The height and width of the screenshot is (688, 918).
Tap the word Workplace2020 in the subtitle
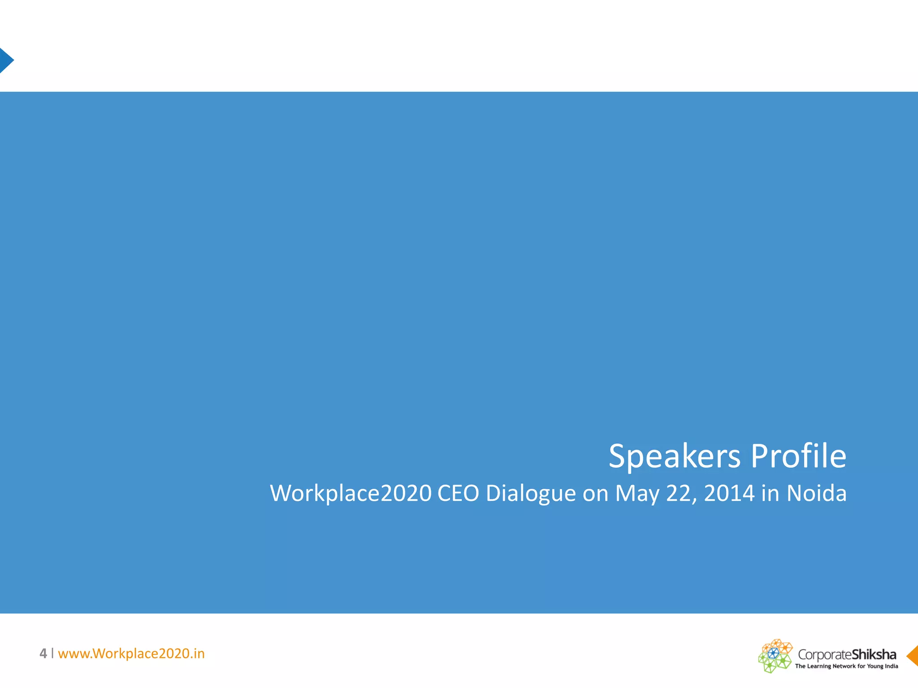pos(351,494)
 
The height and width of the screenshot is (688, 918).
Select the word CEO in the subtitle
pos(458,494)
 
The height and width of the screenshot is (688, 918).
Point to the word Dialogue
pos(531,494)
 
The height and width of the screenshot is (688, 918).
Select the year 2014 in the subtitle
pos(729,494)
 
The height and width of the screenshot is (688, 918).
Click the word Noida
pos(816,494)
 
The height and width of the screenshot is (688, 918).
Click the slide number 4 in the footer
pos(43,654)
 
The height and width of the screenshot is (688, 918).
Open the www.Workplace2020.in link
pos(131,654)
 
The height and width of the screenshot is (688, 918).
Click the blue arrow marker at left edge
pos(6,60)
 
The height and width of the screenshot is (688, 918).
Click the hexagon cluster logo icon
pos(775,656)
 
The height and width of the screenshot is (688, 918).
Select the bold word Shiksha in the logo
pos(874,654)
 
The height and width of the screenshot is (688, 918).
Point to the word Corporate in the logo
pos(824,654)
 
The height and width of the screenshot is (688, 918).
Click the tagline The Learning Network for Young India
pos(846,666)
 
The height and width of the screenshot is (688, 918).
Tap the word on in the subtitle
pos(595,494)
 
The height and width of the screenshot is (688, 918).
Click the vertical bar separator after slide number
pos(52,653)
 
